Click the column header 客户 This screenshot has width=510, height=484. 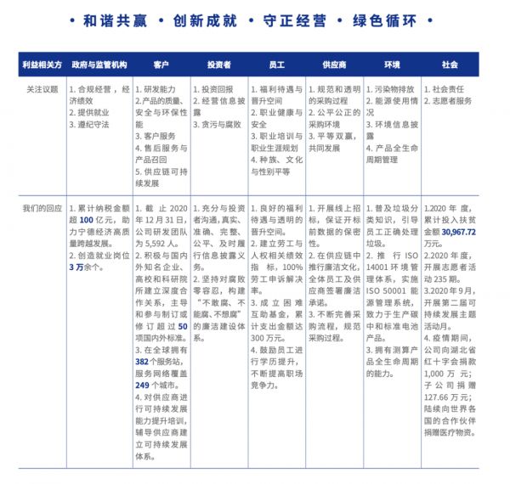pyautogui.click(x=161, y=65)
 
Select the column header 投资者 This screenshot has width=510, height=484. pyautogui.click(x=218, y=65)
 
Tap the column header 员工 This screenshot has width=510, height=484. pyautogui.click(x=276, y=65)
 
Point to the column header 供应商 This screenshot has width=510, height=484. pyautogui.click(x=334, y=65)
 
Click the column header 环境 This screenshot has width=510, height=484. pyautogui.click(x=392, y=65)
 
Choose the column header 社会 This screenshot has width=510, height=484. pyautogui.click(x=450, y=65)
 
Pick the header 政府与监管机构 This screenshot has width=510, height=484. pyautogui.click(x=99, y=65)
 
